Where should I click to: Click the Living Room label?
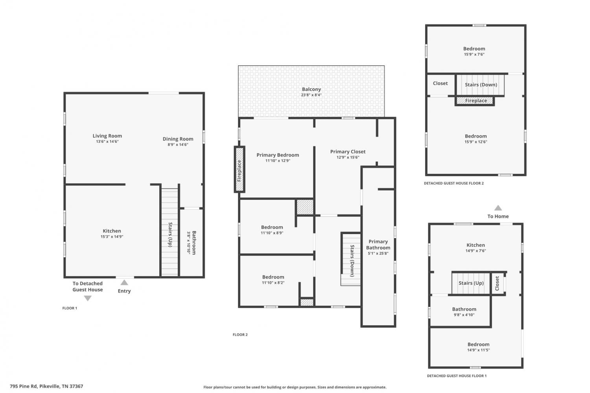[107, 136]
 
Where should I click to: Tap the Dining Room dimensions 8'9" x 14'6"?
[178, 145]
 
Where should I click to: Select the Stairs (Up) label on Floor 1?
[170, 235]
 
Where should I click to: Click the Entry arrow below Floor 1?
[124, 282]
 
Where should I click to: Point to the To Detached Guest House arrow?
[88, 298]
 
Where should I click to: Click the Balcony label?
[312, 89]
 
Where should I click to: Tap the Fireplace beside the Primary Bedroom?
[240, 170]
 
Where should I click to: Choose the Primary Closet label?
[348, 152]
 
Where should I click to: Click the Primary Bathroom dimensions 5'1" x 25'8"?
[378, 254]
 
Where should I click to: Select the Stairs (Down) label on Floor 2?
[352, 261]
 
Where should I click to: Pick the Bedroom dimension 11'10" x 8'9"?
[272, 233]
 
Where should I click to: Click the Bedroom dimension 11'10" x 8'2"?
[273, 283]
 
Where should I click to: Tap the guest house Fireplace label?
[476, 101]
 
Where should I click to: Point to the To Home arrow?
[498, 208]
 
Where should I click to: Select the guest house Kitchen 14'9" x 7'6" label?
[476, 248]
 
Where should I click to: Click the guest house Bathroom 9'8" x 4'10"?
[464, 312]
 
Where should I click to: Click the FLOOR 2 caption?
[240, 335]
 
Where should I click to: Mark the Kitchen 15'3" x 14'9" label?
[112, 234]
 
